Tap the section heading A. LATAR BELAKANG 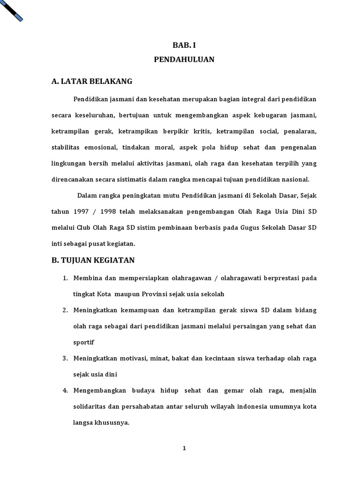(92, 82)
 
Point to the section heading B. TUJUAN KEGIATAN (93, 260)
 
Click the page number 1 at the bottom (184, 448)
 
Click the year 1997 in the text (81, 211)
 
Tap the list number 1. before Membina (65, 278)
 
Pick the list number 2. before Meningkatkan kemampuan (65, 310)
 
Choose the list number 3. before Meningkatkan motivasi (65, 359)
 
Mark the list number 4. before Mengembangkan (65, 390)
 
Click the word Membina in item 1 (87, 278)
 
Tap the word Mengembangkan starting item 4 (98, 390)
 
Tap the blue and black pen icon (12, 10)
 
